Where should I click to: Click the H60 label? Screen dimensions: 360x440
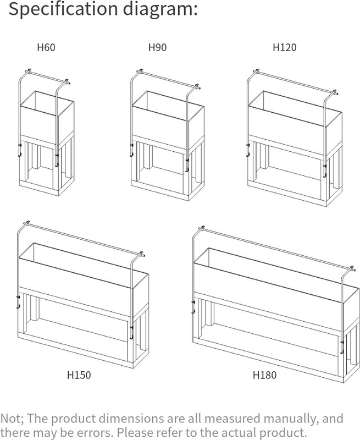coord(46,47)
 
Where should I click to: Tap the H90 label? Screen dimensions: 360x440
coord(157,47)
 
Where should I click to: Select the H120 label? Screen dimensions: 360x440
coord(285,47)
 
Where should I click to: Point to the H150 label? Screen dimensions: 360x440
coord(79,375)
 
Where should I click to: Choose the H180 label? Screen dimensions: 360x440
coord(265,375)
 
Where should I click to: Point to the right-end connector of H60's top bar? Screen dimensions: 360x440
coord(67,82)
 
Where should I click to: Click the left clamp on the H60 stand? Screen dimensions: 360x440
coord(19,150)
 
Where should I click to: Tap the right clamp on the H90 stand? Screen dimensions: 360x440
coord(187,166)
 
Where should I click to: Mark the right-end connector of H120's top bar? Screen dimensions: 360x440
coord(335,92)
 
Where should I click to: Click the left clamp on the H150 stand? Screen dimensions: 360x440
coord(18,301)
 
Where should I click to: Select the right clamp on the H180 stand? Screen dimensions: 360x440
coord(342,347)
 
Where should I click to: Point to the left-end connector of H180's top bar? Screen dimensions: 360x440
coord(201,228)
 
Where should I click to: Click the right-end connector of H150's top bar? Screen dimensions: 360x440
coord(142,255)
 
